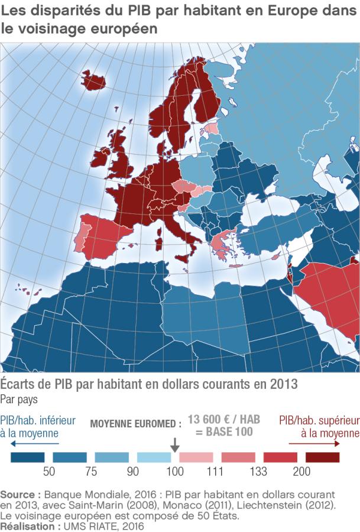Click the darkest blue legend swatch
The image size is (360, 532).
[x=28, y=457]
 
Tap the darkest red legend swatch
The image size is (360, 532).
[x=323, y=457]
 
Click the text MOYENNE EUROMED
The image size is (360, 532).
[x=135, y=424]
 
